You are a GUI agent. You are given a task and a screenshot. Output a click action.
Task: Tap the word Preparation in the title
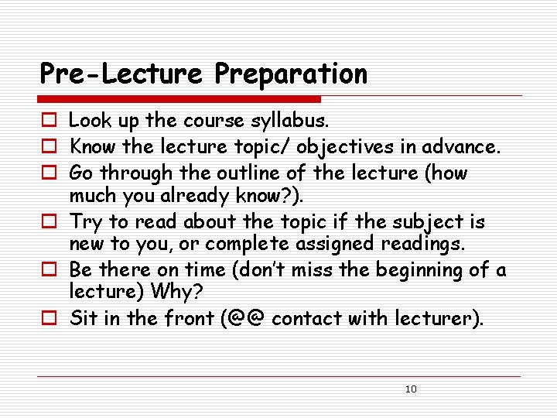click(x=291, y=74)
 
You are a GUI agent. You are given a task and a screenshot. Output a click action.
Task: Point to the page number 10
click(x=411, y=389)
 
